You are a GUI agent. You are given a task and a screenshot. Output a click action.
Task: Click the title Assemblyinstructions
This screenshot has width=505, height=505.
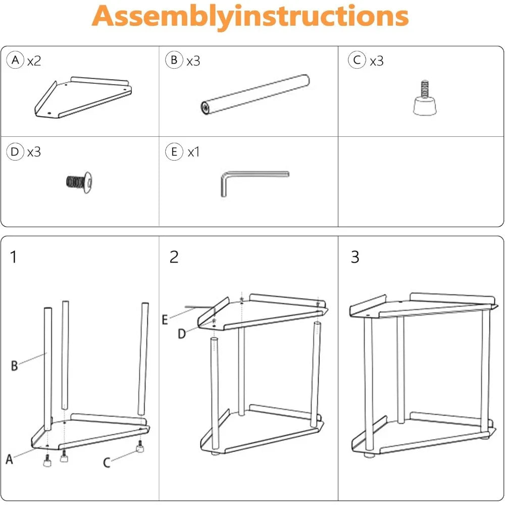[250, 17]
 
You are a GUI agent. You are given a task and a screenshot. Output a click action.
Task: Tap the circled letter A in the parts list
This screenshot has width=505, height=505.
[16, 61]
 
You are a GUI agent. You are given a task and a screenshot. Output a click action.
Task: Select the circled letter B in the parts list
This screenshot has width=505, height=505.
[174, 61]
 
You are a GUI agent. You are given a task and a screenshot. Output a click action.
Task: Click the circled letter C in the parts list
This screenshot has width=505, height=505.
[357, 61]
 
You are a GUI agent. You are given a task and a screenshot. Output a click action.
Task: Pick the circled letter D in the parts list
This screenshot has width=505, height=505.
[16, 151]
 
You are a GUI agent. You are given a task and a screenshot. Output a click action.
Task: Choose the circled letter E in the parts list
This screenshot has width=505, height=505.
[174, 151]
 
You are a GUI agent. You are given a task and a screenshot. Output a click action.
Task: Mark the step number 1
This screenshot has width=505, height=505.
[14, 257]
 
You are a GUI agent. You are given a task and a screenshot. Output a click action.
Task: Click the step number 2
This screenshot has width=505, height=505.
[174, 257]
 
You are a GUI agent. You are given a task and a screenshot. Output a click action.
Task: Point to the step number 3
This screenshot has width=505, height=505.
[355, 257]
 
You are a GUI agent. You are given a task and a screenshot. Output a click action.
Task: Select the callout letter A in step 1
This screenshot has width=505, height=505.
[9, 460]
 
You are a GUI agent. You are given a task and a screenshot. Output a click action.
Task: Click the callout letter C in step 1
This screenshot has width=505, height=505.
[107, 463]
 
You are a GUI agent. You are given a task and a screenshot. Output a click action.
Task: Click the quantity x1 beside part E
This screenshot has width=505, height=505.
[193, 151]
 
